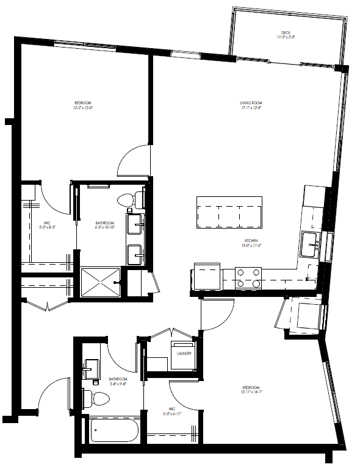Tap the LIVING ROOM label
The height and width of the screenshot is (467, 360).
click(250, 102)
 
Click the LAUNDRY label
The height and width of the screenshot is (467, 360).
click(185, 354)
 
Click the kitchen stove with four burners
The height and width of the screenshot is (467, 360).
click(248, 277)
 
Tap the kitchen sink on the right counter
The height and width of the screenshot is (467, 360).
click(311, 244)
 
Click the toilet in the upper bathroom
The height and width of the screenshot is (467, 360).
click(130, 199)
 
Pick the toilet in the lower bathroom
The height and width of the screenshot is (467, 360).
click(98, 398)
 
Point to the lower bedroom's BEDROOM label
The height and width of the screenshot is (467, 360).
click(251, 388)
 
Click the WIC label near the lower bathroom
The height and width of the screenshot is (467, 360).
click(171, 409)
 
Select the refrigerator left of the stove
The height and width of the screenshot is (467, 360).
click(207, 277)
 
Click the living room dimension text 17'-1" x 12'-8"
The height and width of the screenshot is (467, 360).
click(250, 108)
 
